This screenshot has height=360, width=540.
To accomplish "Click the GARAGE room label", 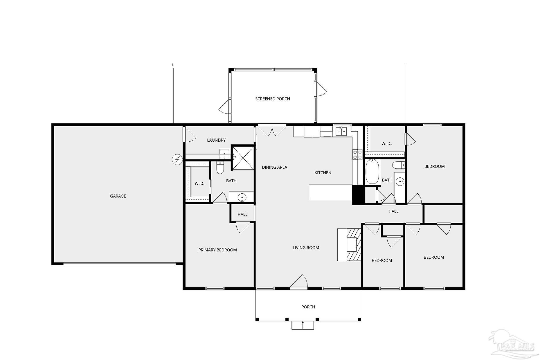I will pyautogui.click(x=118, y=196).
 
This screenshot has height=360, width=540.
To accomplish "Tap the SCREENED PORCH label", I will pyautogui.click(x=272, y=99).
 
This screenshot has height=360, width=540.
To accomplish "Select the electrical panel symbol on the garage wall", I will pyautogui.click(x=176, y=159).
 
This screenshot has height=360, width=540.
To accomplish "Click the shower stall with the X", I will pyautogui.click(x=243, y=157).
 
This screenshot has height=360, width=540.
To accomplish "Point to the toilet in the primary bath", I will pyautogui.click(x=220, y=168).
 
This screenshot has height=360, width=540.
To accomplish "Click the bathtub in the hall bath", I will pyautogui.click(x=371, y=172).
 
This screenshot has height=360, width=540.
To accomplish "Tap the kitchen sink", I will pyautogui.click(x=341, y=132).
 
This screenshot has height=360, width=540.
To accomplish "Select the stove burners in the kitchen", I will pyautogui.click(x=357, y=154).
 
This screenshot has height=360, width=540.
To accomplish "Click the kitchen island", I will pyautogui.click(x=330, y=192).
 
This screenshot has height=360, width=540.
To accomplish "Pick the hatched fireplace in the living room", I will pyautogui.click(x=354, y=245).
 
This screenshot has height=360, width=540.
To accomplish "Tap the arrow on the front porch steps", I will pyautogui.click(x=303, y=325).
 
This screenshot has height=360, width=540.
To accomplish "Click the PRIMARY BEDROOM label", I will pyautogui.click(x=217, y=250).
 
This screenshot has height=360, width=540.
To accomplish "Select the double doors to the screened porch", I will pyautogui.click(x=272, y=130).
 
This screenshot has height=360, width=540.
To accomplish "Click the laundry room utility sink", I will pyautogui.click(x=224, y=153).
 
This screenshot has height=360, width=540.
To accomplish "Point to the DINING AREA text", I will pyautogui.click(x=274, y=167).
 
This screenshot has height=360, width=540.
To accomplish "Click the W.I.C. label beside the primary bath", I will pyautogui.click(x=200, y=183).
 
